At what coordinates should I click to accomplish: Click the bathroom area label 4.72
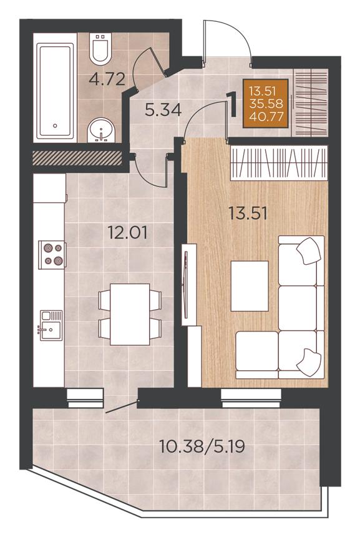(107, 79)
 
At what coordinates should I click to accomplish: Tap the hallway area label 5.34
(163, 111)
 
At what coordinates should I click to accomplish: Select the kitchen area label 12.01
(128, 232)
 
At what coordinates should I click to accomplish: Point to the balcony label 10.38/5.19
(202, 446)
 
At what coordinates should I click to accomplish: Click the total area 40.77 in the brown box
(266, 117)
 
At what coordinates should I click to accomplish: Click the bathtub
(56, 91)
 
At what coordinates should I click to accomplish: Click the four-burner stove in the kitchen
(52, 255)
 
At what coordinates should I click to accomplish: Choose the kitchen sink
(51, 325)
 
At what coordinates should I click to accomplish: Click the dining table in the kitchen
(130, 314)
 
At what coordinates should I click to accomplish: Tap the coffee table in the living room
(250, 286)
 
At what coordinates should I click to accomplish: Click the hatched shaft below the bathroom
(77, 158)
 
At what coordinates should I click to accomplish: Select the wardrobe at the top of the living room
(279, 163)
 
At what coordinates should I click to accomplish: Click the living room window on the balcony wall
(251, 398)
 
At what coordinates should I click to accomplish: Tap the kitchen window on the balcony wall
(85, 398)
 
